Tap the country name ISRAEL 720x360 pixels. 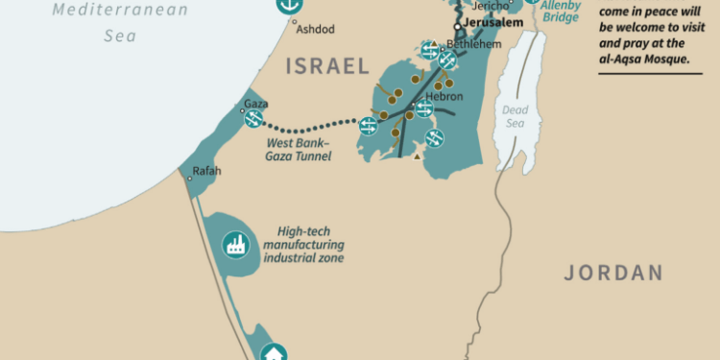point(326,66)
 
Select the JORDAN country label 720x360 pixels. point(613,273)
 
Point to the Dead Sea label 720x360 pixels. point(516,116)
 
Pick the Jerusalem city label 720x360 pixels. point(494,22)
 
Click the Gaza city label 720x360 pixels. point(255,104)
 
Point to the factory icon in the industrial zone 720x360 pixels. point(234,245)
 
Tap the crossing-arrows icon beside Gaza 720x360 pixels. point(254,119)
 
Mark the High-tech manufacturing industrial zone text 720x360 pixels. point(304,245)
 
